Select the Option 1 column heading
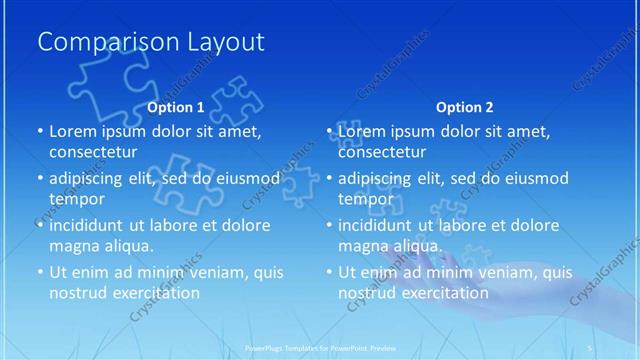[176, 106]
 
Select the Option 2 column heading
[465, 106]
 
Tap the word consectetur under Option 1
[95, 152]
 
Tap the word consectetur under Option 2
[384, 152]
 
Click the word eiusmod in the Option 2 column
[533, 179]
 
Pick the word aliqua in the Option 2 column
[412, 245]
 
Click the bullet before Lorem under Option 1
[40, 132]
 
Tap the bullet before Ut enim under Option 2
[329, 272]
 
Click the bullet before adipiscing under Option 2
[329, 179]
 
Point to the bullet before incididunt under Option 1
[40, 225]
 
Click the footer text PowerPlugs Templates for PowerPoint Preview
[320, 348]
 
